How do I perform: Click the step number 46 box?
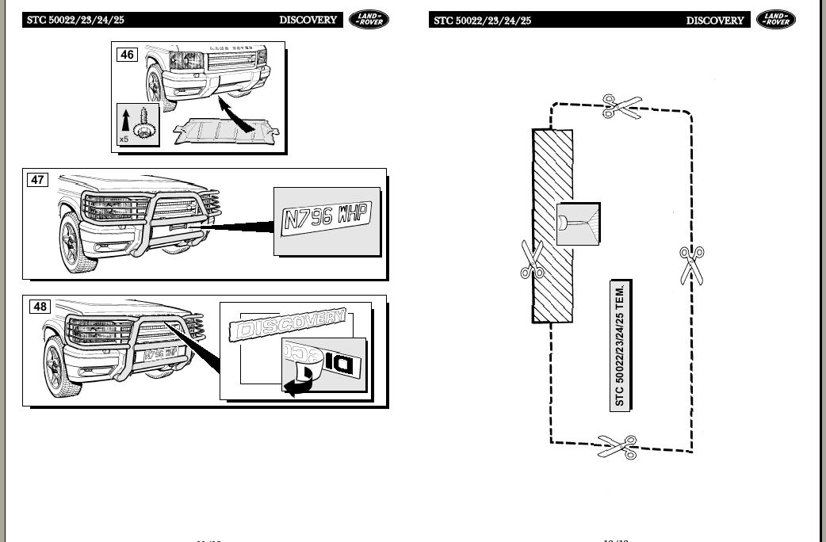[x=127, y=55]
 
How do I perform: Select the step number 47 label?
[x=37, y=180]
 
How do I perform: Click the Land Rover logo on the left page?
[x=369, y=20]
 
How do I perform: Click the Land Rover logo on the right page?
[x=775, y=20]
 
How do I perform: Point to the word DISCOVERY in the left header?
[x=308, y=20]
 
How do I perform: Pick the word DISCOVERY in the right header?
[x=715, y=21]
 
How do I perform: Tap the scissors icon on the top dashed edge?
[x=621, y=106]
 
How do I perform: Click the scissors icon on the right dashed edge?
[x=691, y=264]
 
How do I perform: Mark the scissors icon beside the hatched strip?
[x=531, y=260]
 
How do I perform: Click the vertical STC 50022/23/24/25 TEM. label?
[x=620, y=345]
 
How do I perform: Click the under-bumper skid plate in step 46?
[x=228, y=132]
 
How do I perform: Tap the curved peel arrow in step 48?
[x=298, y=385]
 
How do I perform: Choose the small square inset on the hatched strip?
[x=577, y=224]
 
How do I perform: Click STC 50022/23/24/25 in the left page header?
[x=75, y=21]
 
